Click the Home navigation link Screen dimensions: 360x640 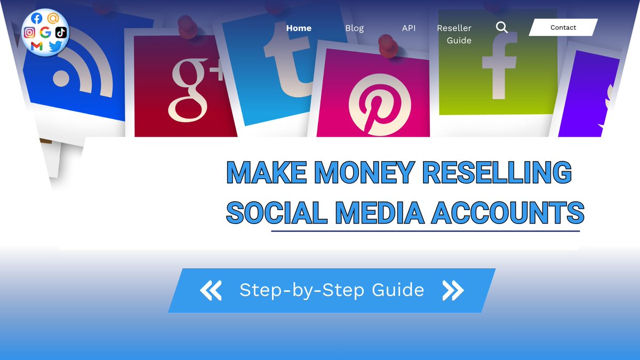click(299, 28)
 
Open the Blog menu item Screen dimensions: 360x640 click(354, 28)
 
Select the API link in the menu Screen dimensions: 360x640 click(409, 28)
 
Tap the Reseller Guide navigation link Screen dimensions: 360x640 click(454, 34)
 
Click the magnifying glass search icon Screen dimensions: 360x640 click(501, 27)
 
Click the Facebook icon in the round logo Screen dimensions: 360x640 click(37, 18)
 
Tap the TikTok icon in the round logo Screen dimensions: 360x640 click(61, 32)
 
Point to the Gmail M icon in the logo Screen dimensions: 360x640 click(36, 46)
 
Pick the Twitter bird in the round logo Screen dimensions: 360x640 click(55, 47)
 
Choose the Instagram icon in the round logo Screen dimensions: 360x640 click(30, 32)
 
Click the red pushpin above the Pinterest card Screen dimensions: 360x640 click(388, 45)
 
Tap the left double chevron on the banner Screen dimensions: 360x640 click(211, 290)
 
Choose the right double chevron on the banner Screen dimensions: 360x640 click(453, 290)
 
